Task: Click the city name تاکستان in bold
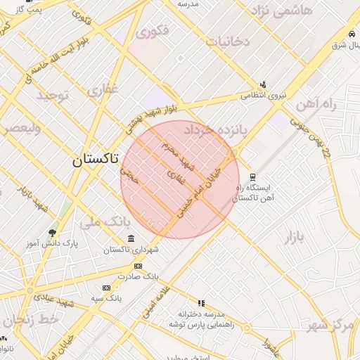click(96, 160)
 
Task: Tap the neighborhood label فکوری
click(153, 32)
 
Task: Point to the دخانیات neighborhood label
click(226, 41)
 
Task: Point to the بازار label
click(295, 236)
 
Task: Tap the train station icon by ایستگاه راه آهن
click(253, 177)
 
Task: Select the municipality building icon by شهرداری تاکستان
click(131, 240)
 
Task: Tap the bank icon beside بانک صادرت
click(138, 266)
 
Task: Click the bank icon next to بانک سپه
click(106, 288)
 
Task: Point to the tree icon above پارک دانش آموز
click(52, 233)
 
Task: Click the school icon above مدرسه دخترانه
click(201, 303)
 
